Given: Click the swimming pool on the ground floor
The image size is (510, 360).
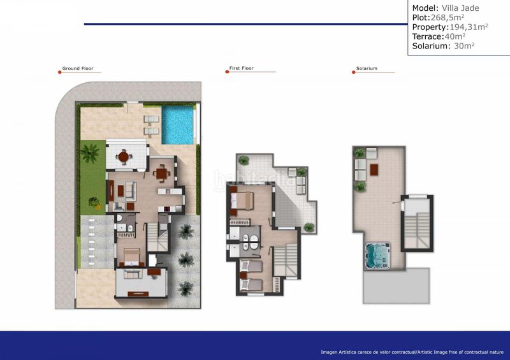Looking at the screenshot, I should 178,124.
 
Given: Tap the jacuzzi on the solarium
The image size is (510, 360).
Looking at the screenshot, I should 379,257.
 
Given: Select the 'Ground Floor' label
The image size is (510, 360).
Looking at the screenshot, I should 78,68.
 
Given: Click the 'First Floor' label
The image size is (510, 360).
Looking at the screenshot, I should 242,68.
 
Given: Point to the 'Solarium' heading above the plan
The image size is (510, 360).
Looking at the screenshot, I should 367,68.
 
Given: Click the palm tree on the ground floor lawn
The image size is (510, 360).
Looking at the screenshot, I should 89,153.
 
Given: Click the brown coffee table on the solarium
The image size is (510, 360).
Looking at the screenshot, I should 374,169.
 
